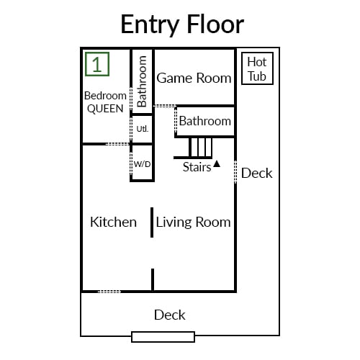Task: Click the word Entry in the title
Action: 150,25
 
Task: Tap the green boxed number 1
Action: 97,64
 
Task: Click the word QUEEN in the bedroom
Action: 105,109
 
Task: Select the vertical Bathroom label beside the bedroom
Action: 142,81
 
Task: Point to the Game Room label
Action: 194,78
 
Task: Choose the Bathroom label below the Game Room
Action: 205,121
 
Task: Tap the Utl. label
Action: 143,129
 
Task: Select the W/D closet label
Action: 143,164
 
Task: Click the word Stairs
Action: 197,167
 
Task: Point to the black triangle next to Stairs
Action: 217,163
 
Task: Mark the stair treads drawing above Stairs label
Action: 193,148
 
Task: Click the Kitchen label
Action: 113,222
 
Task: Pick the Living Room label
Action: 193,222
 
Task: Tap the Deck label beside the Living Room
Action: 257,173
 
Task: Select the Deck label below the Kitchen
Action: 170,315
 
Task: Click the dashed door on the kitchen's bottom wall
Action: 109,292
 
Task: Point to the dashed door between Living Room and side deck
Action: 235,172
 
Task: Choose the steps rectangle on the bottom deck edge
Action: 163,337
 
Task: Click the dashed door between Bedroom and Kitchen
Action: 118,144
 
